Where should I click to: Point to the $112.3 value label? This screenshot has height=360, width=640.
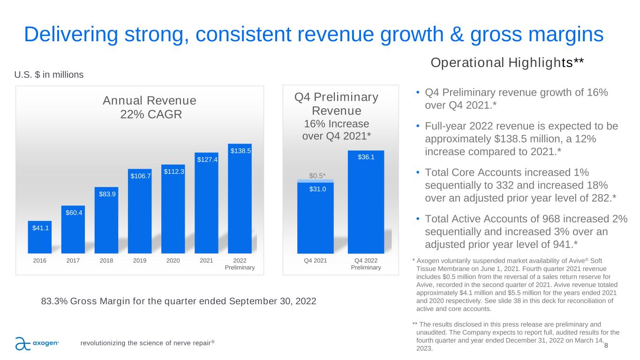click(173, 172)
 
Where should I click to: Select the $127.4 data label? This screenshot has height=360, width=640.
click(206, 159)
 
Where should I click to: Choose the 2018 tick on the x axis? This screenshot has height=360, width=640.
click(106, 261)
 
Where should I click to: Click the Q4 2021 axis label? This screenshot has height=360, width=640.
click(316, 261)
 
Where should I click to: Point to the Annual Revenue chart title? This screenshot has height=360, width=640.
click(150, 101)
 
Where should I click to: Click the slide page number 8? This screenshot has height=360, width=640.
click(606, 345)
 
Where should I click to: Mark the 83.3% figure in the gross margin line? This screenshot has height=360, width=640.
click(54, 301)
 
